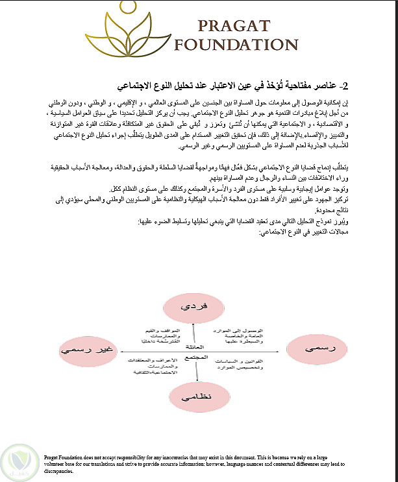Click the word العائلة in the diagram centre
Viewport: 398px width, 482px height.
coord(194,347)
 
